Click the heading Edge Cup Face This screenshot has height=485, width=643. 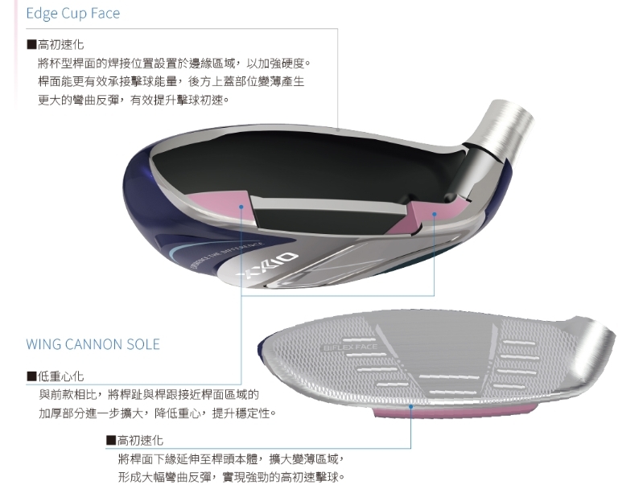[x=73, y=14]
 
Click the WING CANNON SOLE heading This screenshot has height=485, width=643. [x=93, y=344]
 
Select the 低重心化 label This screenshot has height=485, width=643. [x=60, y=376]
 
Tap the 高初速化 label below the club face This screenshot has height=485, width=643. [x=140, y=440]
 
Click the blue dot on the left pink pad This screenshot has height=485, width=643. [x=241, y=206]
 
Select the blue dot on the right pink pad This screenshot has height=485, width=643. [x=435, y=214]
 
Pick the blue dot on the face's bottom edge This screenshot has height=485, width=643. [x=411, y=407]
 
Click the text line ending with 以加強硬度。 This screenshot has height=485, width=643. [x=174, y=63]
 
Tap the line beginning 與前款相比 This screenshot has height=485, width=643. [x=149, y=394]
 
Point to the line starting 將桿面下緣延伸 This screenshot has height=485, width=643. [x=230, y=458]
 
